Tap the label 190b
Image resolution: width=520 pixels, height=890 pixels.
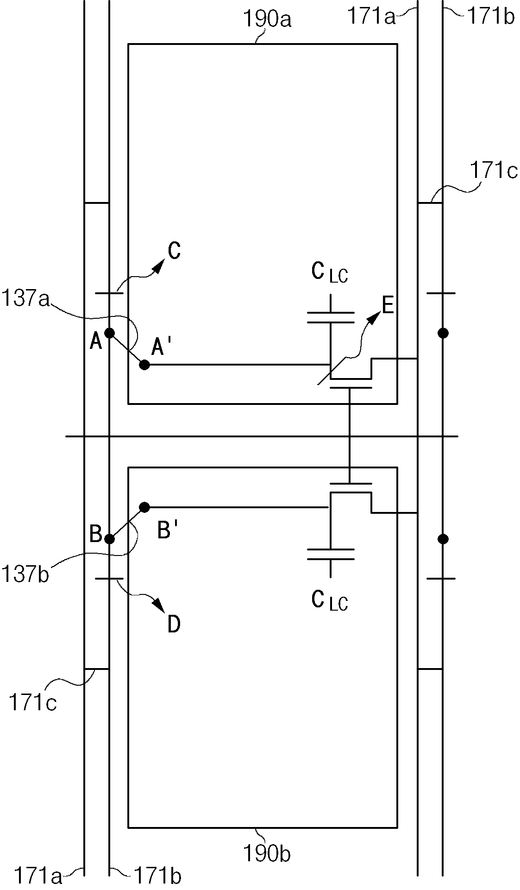[x=267, y=853]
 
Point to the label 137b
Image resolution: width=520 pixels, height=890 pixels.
[x=25, y=575]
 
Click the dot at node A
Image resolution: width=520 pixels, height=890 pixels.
[x=109, y=333]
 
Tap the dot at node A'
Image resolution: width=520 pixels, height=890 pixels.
[x=144, y=365]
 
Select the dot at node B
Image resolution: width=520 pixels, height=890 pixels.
[x=109, y=539]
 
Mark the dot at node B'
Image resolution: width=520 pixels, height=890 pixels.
[x=144, y=507]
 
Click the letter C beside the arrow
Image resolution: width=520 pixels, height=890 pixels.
[x=174, y=251]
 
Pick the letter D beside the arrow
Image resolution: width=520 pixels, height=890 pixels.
[x=174, y=625]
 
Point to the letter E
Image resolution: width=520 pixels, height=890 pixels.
[x=388, y=306]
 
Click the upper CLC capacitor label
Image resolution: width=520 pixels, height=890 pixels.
[x=330, y=272]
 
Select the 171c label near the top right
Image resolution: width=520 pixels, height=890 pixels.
[x=494, y=171]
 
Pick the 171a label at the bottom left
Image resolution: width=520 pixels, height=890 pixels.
[x=38, y=877]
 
